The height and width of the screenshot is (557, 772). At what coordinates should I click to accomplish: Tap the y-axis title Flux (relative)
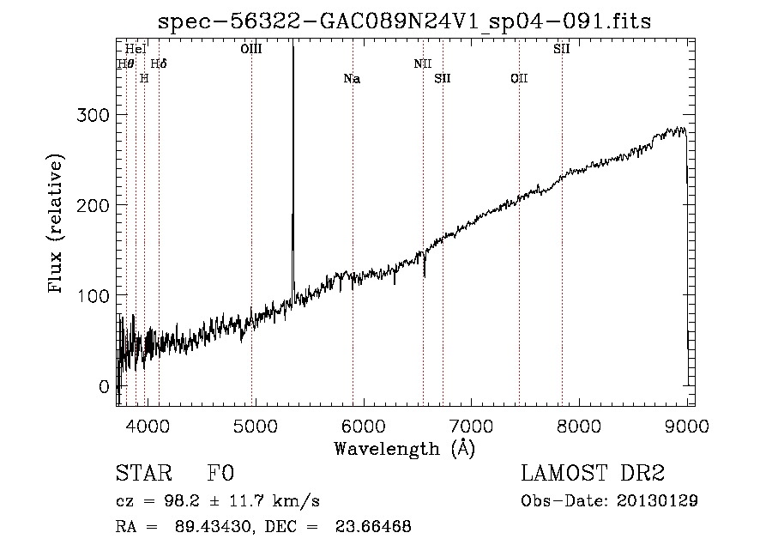click(57, 225)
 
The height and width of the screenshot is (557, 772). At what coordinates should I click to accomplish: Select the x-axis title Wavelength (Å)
click(404, 448)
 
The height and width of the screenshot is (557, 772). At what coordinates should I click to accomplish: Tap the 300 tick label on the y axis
click(96, 115)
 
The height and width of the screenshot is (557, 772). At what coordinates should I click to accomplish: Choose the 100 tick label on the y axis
click(96, 296)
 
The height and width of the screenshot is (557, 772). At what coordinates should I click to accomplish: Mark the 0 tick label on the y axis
click(105, 387)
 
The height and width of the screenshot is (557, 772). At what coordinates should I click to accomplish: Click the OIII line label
click(251, 50)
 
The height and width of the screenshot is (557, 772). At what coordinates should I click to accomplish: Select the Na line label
click(352, 79)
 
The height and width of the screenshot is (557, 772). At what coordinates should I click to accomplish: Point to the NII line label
click(422, 64)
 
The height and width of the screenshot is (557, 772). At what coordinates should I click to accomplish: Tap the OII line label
click(519, 79)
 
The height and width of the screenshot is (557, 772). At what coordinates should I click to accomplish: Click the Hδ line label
click(159, 64)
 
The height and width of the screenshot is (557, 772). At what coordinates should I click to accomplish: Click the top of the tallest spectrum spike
click(293, 46)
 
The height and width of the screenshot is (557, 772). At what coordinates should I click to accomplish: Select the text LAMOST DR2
click(593, 474)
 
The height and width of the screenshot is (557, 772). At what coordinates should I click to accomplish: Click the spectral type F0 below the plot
click(220, 474)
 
